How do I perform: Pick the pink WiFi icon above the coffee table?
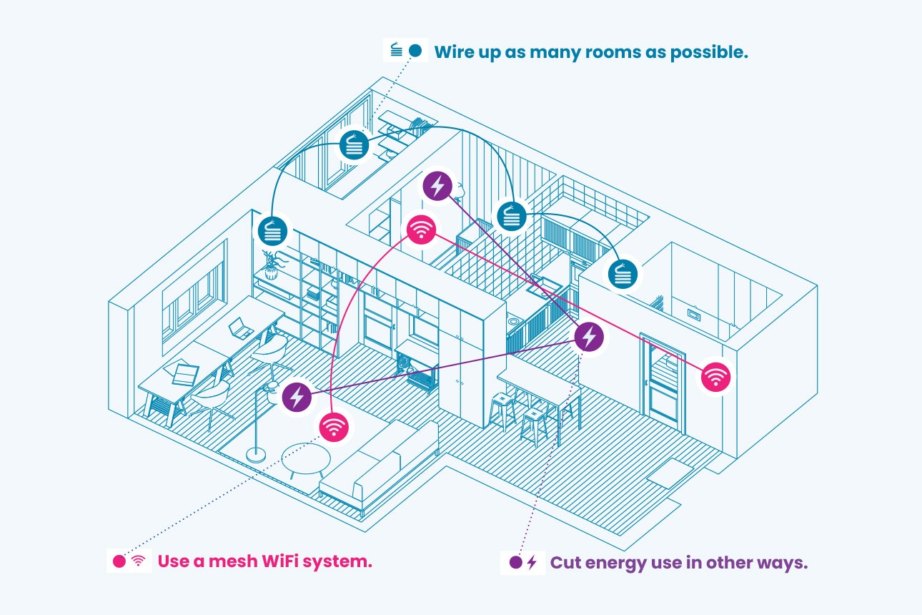coord(333,427)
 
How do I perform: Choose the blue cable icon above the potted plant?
coord(273,231)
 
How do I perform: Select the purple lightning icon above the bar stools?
coord(588,335)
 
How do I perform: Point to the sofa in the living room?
coord(379,465)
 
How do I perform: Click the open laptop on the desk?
coord(240,330)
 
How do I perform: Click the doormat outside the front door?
coord(670,473)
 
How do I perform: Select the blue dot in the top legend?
coord(415,51)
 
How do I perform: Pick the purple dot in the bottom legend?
coord(515,562)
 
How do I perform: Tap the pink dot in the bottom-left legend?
coord(119,561)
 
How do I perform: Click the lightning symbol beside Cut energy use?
coord(531,562)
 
